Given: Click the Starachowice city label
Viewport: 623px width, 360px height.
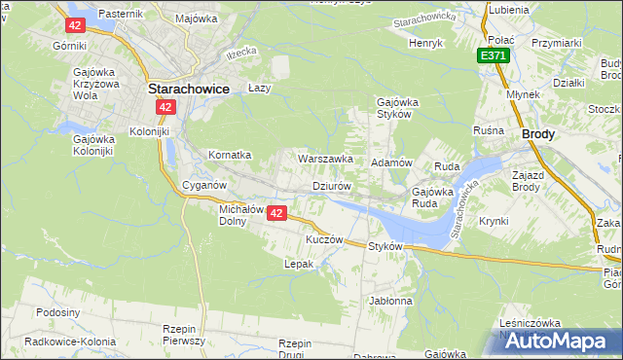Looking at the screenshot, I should click(x=188, y=88).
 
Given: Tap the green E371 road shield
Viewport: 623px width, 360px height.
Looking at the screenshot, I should click(x=494, y=56).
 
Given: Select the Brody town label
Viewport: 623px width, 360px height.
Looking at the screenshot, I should click(x=538, y=136).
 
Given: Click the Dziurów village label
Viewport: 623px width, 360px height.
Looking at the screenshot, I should click(x=331, y=185).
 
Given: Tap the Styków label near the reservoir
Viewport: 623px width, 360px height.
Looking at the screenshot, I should click(x=385, y=246).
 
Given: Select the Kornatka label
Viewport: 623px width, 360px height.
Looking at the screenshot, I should click(x=231, y=155).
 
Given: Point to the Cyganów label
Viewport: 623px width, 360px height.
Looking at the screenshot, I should click(x=204, y=185).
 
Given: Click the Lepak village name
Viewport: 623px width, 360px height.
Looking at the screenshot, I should click(x=297, y=264).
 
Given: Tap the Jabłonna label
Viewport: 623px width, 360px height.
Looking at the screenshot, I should click(x=390, y=301).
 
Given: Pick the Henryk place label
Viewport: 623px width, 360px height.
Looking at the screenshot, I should click(x=425, y=43).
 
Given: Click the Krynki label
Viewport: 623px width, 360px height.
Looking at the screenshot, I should click(x=494, y=221).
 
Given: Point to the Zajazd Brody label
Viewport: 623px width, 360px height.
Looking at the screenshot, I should click(x=532, y=179).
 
